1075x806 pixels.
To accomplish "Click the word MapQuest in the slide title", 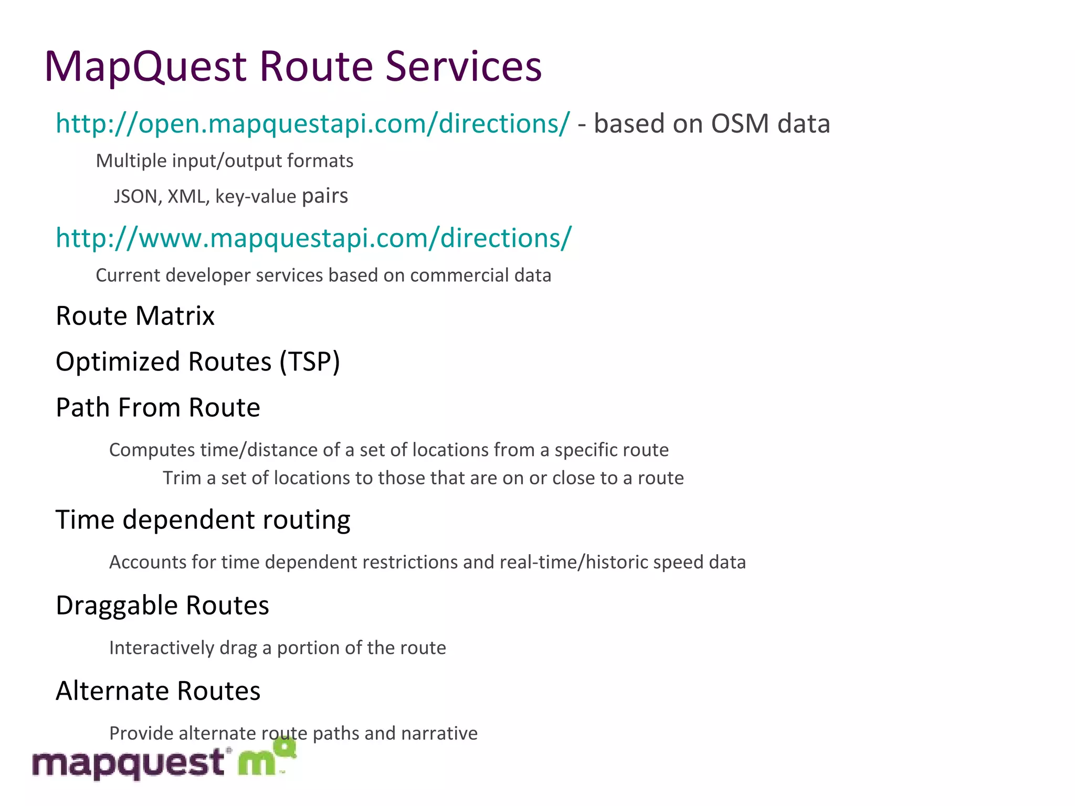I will point(145,67).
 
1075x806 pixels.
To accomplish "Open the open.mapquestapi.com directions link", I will point(312,124).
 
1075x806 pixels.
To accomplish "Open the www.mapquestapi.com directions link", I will point(313,239).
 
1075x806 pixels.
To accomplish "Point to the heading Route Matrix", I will point(135,316).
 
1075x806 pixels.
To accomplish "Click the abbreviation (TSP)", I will point(310,362).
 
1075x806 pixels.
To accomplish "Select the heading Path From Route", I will point(157,408).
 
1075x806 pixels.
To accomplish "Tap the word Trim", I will point(182,478).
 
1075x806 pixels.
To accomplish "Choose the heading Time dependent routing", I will point(203,520).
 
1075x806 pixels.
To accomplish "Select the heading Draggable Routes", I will point(162,606).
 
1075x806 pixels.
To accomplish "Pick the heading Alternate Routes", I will point(158,691).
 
